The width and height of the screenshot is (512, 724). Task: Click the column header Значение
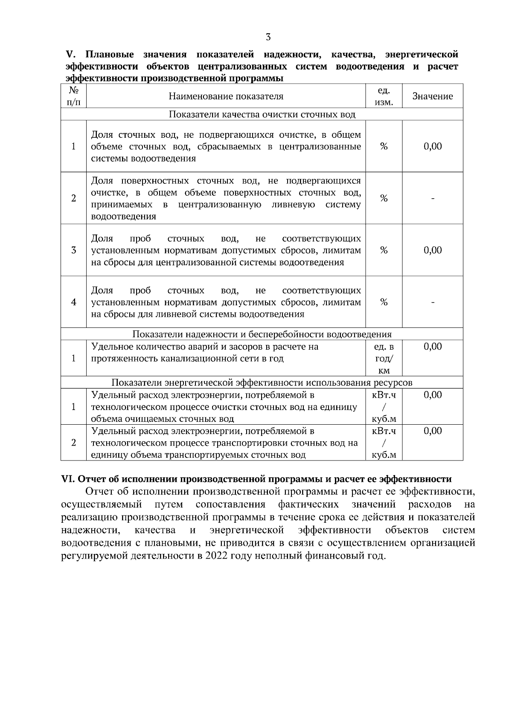pyautogui.click(x=432, y=96)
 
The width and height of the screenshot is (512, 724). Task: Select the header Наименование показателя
pyautogui.click(x=226, y=96)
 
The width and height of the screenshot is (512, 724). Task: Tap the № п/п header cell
pyautogui.click(x=73, y=96)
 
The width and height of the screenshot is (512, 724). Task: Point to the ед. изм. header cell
pyautogui.click(x=384, y=96)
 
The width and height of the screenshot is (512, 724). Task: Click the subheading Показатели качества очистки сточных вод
pyautogui.click(x=262, y=114)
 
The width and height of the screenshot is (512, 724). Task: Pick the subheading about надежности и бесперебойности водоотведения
pyautogui.click(x=262, y=334)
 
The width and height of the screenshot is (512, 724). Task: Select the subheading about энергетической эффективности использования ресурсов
pyautogui.click(x=262, y=382)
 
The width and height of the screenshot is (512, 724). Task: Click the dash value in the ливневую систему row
pyautogui.click(x=433, y=198)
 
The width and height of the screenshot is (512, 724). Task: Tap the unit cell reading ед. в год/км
pyautogui.click(x=384, y=359)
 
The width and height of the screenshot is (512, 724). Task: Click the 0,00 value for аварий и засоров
pyautogui.click(x=433, y=347)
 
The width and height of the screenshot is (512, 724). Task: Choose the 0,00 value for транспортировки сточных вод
pyautogui.click(x=433, y=431)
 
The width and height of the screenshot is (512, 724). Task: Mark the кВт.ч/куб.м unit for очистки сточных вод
pyautogui.click(x=384, y=407)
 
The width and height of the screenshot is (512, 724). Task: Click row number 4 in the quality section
pyautogui.click(x=73, y=302)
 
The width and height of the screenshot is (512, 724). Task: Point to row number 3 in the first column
pyautogui.click(x=73, y=250)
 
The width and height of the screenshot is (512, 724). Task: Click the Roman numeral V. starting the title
pyautogui.click(x=70, y=55)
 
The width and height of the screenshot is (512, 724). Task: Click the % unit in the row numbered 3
pyautogui.click(x=384, y=250)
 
